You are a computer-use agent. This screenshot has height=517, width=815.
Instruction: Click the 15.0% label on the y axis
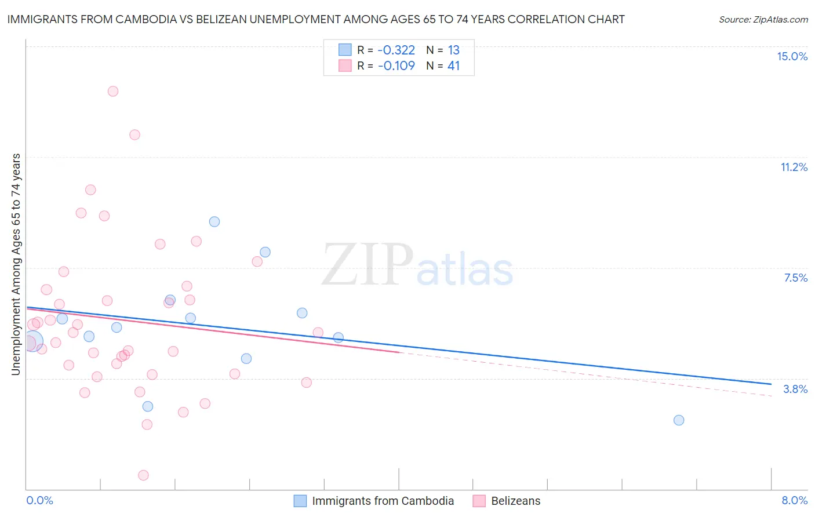pos(792,56)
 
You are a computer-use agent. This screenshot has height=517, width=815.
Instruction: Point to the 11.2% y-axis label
pos(794,167)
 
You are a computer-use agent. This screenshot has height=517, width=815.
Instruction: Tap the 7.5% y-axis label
pos(795,278)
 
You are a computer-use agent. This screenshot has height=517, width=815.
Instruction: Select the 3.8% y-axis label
pos(795,389)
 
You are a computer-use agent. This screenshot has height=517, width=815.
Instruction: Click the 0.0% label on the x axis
pos(40,500)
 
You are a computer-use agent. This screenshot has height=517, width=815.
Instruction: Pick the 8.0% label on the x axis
pos(794,500)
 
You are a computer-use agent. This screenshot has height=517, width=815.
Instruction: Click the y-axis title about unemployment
pos(16,264)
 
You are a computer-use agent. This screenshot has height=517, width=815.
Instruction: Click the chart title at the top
pos(316,19)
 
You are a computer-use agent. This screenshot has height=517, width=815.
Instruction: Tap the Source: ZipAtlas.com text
pos(763,19)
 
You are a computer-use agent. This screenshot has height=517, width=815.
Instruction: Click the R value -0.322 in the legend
pos(396,50)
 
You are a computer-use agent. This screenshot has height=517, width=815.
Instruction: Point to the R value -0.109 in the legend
pos(396,65)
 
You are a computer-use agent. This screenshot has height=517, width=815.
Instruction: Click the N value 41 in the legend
pos(453,65)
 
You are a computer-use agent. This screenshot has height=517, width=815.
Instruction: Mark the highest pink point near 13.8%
pos(113,91)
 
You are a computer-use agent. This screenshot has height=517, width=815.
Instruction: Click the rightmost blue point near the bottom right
pos(679,420)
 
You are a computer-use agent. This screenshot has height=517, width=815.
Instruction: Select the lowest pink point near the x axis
pos(143,475)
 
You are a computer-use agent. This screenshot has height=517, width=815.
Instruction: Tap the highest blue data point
pos(214,221)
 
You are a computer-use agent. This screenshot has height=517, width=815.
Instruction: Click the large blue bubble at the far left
pos(32,342)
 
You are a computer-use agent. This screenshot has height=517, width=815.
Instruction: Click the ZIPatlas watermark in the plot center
pos(417,265)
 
